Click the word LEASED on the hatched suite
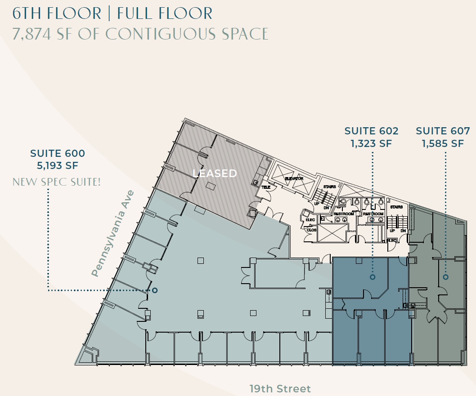[215, 174]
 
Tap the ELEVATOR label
[294, 178]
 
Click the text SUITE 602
[371, 131]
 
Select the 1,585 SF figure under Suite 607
[443, 144]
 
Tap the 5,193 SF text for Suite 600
[58, 165]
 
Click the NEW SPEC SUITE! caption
[57, 182]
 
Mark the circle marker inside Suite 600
[155, 290]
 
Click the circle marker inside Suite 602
[373, 277]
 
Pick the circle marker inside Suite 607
[445, 277]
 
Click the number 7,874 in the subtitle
[32, 34]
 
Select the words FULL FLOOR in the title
[164, 13]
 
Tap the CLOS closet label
[311, 230]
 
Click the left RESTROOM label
[343, 214]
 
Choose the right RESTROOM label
[373, 214]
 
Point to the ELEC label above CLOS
[310, 220]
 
